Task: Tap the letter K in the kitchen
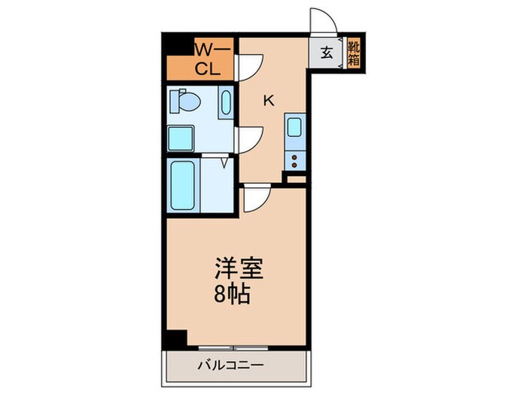click(267, 99)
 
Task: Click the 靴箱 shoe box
click(353, 53)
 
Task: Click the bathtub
click(183, 184)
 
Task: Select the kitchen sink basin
click(294, 127)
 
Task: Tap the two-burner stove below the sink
click(294, 160)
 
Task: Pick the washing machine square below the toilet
click(181, 138)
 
